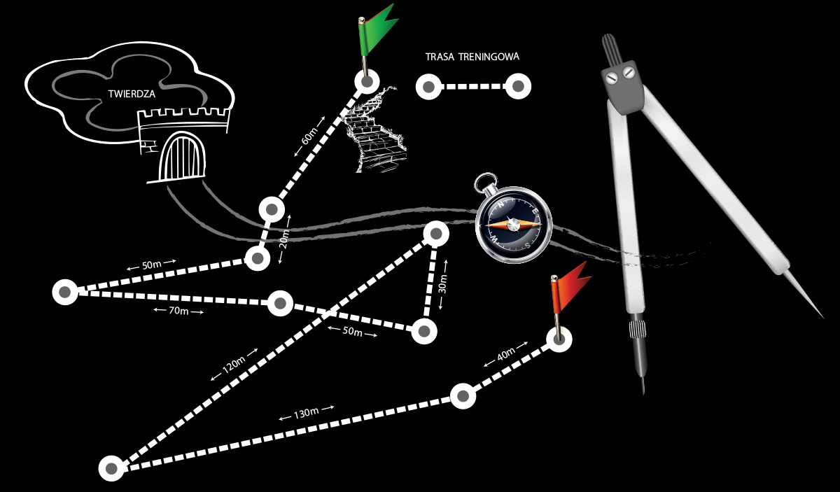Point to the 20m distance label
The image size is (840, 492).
284,240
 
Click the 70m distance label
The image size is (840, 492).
178,310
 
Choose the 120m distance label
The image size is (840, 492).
233,365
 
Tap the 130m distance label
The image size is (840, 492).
306,413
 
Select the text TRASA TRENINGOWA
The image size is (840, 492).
472,57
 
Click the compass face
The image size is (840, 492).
514,224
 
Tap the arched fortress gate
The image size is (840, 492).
184,159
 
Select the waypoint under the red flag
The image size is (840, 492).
558,339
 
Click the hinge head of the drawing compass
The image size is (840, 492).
620,74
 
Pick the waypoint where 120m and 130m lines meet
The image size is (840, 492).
111,468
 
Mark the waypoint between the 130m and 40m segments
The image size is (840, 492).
463,396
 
